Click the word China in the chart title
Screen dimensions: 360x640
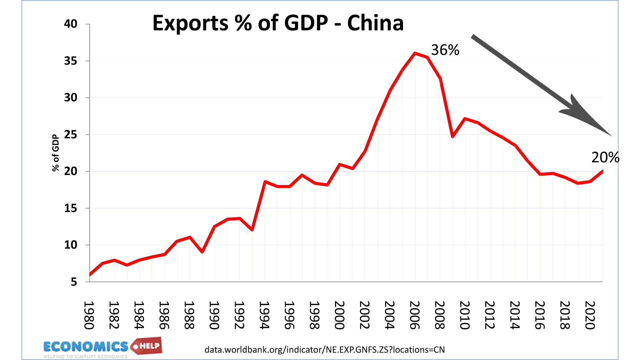(x=375, y=23)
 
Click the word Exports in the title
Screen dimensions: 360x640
(x=190, y=23)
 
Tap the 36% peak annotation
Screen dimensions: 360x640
(x=445, y=50)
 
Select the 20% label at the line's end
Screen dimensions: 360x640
(x=605, y=157)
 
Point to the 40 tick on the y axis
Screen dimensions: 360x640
(x=70, y=24)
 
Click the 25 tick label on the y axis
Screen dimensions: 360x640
(x=70, y=135)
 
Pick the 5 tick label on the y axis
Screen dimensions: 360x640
(x=74, y=282)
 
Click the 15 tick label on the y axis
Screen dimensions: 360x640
(x=70, y=208)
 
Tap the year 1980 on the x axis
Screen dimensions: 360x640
(x=89, y=315)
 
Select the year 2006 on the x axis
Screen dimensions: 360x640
(x=415, y=315)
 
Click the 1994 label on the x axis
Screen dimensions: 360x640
(x=264, y=315)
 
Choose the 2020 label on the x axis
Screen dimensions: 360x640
(x=590, y=315)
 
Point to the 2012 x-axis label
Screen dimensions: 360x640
(x=490, y=315)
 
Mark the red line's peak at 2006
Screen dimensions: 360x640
(x=415, y=53)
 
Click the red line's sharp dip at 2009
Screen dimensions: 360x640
(x=453, y=137)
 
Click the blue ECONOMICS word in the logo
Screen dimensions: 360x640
(x=86, y=347)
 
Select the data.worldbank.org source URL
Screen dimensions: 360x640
(x=324, y=350)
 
